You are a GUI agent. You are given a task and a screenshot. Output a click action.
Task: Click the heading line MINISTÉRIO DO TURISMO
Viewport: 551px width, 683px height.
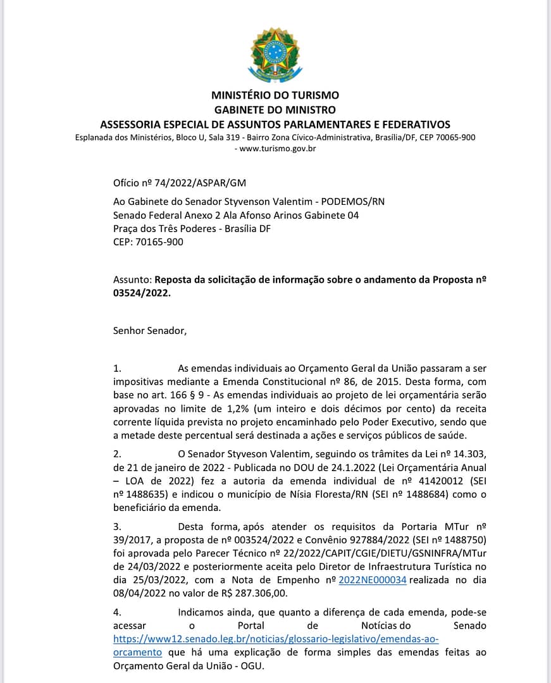275,95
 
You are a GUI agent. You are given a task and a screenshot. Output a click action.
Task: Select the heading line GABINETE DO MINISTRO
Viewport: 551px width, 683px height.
275,110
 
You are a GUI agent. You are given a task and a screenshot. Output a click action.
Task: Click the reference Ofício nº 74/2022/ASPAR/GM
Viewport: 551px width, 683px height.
179,183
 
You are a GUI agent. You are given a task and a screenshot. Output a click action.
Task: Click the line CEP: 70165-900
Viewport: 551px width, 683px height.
149,242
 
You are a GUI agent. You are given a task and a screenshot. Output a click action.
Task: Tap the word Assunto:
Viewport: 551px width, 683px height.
132,279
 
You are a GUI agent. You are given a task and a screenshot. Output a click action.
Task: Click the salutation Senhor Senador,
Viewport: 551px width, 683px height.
150,330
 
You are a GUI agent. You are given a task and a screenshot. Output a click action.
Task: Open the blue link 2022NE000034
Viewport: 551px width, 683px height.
372,581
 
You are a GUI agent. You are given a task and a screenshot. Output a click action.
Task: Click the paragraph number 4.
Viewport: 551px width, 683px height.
116,612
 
